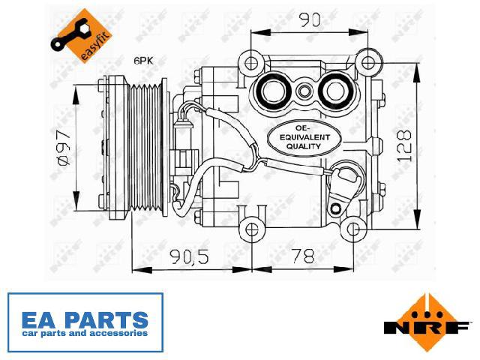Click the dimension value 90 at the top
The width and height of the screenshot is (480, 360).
[310, 20]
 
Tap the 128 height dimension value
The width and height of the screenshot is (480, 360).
[403, 145]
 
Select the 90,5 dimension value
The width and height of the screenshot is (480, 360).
[190, 256]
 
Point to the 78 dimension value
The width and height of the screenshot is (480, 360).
[303, 256]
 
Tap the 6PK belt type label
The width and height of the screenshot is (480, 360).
[143, 61]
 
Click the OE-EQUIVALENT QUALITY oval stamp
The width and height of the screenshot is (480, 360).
[304, 138]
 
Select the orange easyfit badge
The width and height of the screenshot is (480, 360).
[82, 36]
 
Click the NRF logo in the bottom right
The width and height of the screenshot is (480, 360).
[427, 323]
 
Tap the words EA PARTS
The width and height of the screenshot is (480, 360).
[85, 320]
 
